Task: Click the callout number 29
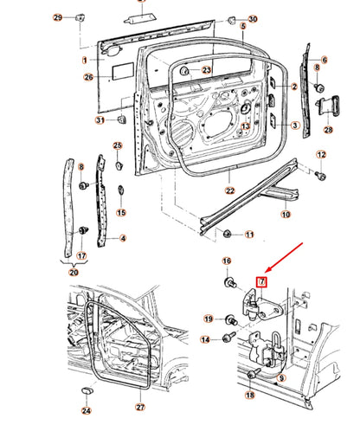click(x=58, y=18)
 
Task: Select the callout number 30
click(x=252, y=19)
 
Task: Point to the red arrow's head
click(x=267, y=270)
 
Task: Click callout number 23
click(x=206, y=69)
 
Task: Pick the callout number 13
click(x=245, y=126)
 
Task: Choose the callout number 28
click(x=328, y=130)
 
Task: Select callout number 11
click(x=249, y=235)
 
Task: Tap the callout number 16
click(x=227, y=261)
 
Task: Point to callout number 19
click(x=209, y=319)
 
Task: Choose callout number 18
click(x=249, y=395)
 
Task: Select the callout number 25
click(x=118, y=145)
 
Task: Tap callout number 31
click(x=100, y=119)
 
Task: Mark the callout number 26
click(x=87, y=77)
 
